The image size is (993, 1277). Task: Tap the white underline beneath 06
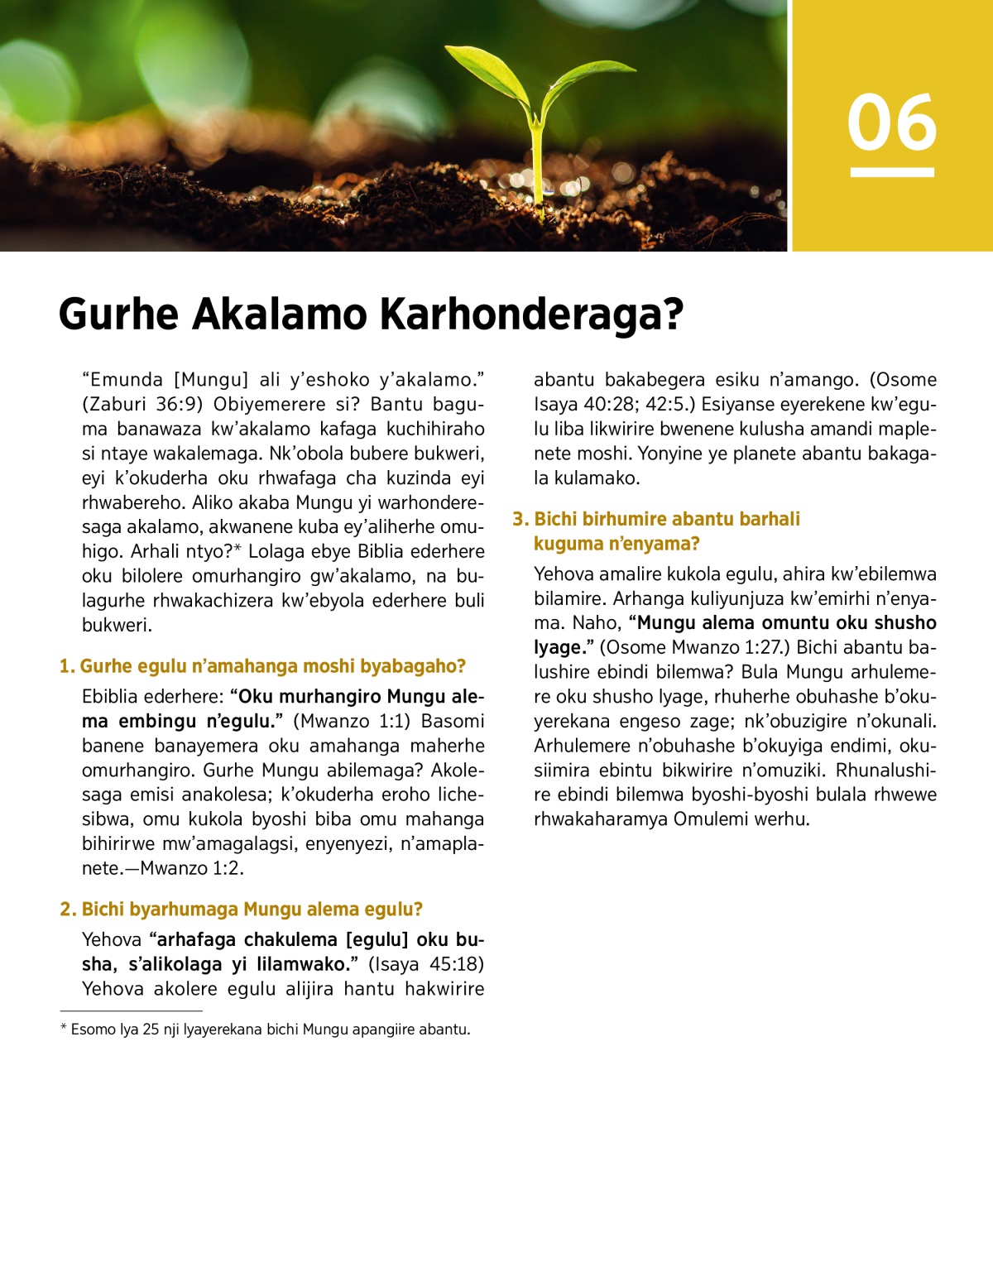(892, 172)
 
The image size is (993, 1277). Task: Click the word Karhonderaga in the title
(530, 315)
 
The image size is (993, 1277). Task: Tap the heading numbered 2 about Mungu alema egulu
(242, 910)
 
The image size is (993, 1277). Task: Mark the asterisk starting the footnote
(64, 1029)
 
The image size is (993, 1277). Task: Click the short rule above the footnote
(131, 1011)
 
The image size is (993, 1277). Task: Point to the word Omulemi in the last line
(712, 819)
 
